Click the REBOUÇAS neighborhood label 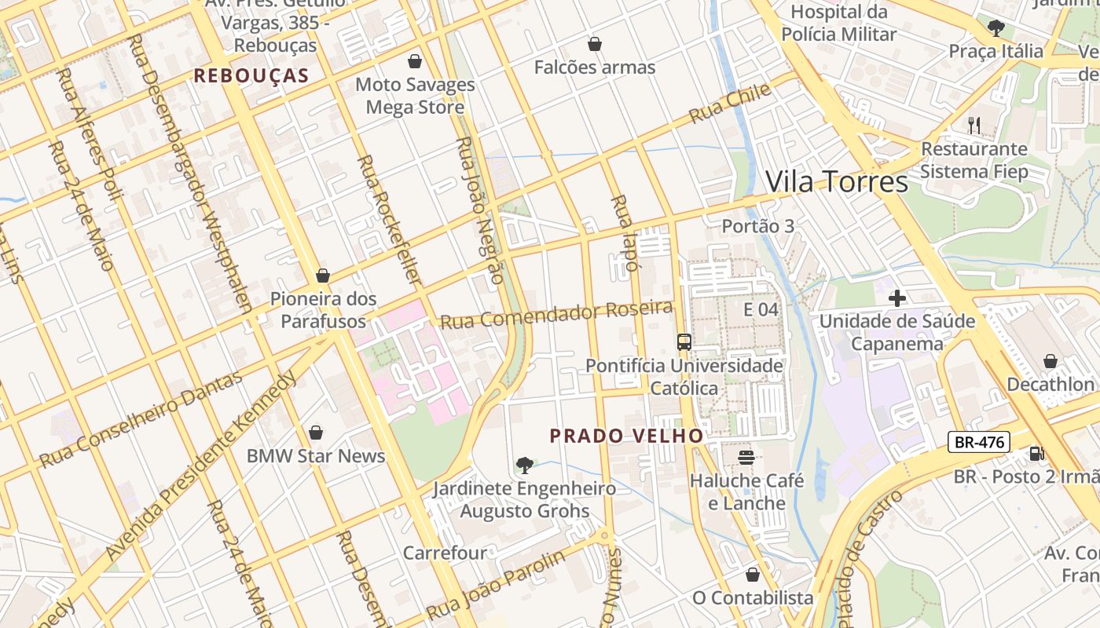pos(251,76)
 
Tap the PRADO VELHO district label pos(626,436)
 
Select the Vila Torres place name pos(836,181)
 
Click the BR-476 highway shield pos(978,442)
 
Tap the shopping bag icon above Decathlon pos(1050,361)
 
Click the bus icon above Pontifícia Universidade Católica pos(684,341)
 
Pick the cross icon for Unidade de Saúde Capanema pos(896,298)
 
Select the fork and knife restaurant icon pos(973,125)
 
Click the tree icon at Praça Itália pos(995,28)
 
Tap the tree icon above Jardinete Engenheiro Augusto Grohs pos(524,466)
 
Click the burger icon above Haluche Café pos(746,457)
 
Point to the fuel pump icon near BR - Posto pos(1036,453)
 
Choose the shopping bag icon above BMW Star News pos(315,433)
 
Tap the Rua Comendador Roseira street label pos(556,315)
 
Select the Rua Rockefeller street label pos(389,220)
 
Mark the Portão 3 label pos(757,226)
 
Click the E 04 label pos(761,309)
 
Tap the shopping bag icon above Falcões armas pos(594,44)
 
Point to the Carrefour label pos(445,553)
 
